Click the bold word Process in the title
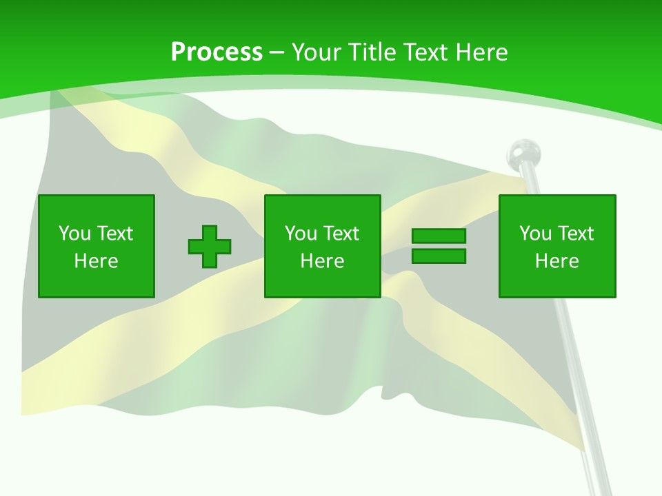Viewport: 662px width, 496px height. (x=217, y=52)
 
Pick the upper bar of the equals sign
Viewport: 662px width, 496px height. (x=439, y=236)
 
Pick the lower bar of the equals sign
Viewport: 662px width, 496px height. (x=439, y=256)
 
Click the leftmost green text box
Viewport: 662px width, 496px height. (x=97, y=246)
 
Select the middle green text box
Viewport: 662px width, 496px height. (x=322, y=246)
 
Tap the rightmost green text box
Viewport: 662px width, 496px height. (x=557, y=246)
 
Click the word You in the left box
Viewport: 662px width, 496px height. (x=74, y=234)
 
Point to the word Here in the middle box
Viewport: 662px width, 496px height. (x=322, y=261)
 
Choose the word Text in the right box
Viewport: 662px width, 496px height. (x=574, y=234)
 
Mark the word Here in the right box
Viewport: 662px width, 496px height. (x=557, y=261)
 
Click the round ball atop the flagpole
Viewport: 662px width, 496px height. (x=524, y=152)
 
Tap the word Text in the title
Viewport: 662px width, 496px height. (x=422, y=52)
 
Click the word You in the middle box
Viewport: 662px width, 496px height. (x=301, y=234)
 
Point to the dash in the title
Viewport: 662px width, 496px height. (x=277, y=53)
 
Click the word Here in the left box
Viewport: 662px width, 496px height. (x=97, y=261)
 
